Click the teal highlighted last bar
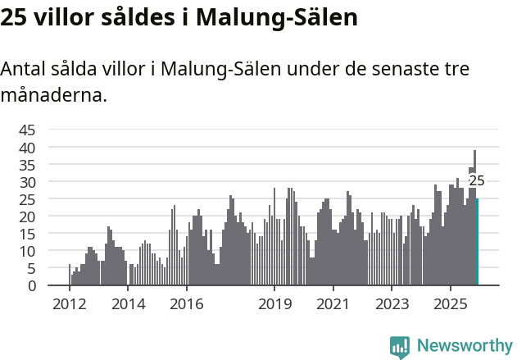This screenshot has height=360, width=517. (x=477, y=242)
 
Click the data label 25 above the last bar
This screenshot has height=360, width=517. (x=476, y=181)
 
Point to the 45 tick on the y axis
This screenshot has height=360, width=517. (x=27, y=130)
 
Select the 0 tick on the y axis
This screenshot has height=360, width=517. (x=32, y=286)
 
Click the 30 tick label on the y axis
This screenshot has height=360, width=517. (x=27, y=181)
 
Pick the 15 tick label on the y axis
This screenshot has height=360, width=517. (x=27, y=234)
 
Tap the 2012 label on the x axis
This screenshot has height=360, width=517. (x=70, y=303)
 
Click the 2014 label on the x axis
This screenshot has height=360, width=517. (x=128, y=303)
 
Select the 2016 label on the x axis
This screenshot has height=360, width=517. (x=187, y=303)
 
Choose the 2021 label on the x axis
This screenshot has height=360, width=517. (x=333, y=303)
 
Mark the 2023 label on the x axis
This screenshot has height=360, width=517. (x=392, y=303)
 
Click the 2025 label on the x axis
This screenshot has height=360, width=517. (x=450, y=303)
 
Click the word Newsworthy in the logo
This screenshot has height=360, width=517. (x=464, y=346)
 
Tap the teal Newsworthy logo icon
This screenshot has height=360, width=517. (x=400, y=347)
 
